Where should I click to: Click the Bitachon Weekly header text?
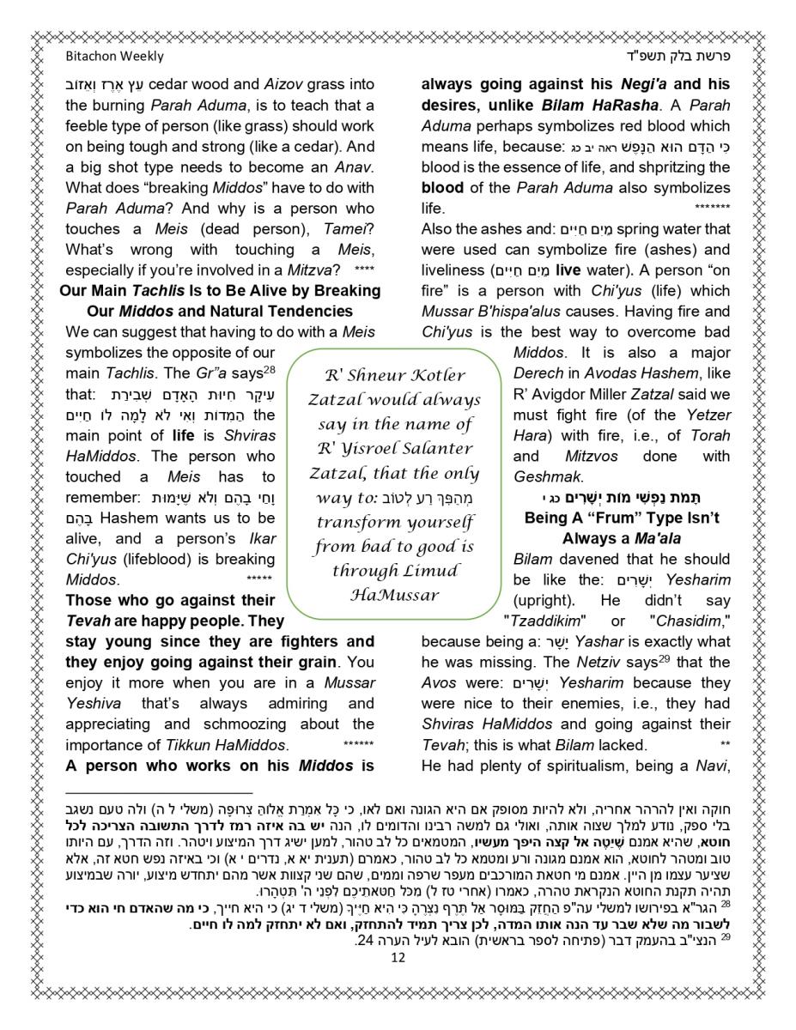point(114,57)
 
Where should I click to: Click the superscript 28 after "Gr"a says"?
point(268,369)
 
